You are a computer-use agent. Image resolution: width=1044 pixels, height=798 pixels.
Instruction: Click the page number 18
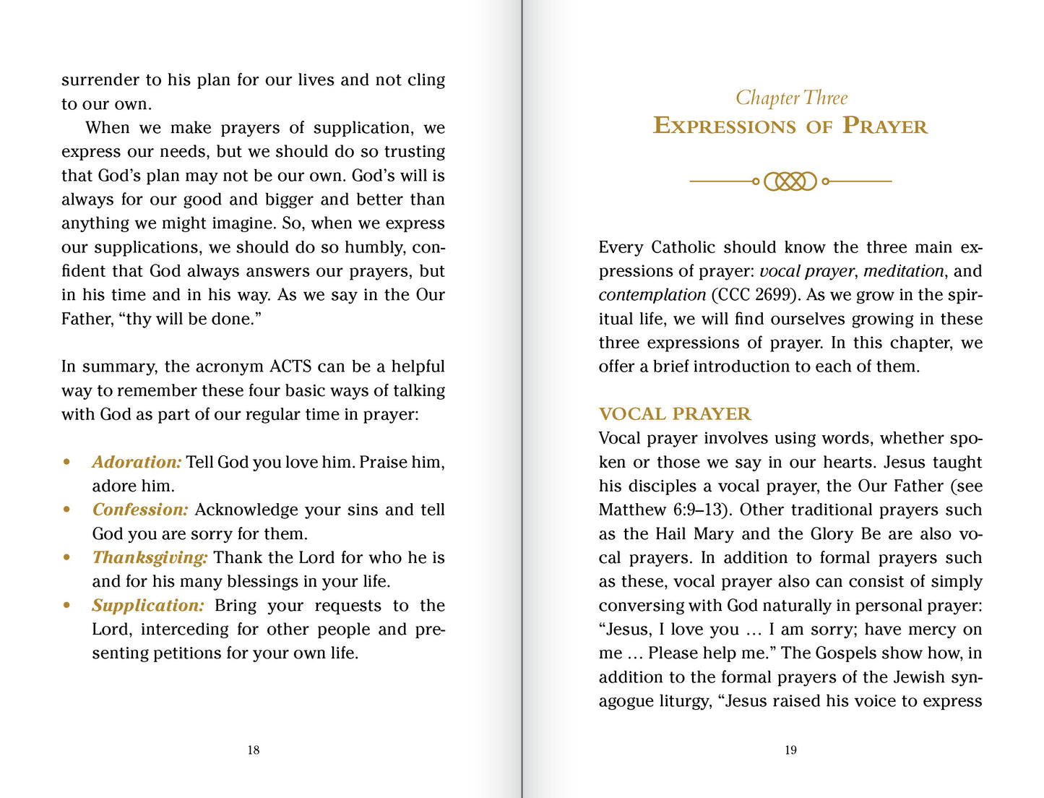click(254, 750)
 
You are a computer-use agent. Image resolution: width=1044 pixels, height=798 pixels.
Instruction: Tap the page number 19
click(790, 750)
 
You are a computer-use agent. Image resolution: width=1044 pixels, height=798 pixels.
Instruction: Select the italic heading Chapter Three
click(791, 98)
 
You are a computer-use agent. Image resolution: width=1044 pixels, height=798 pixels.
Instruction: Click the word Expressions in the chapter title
click(723, 126)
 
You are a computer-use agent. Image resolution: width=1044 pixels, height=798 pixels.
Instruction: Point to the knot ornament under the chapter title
click(790, 181)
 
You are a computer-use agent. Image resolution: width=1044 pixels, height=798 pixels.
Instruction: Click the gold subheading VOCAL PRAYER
click(675, 414)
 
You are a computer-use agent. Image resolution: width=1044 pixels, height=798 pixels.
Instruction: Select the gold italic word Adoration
click(137, 462)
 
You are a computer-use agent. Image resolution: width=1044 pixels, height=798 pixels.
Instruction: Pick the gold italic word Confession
click(140, 510)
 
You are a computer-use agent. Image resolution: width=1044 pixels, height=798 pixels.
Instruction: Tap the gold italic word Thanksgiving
click(150, 558)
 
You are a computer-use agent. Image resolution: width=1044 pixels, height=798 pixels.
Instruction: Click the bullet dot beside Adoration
click(67, 462)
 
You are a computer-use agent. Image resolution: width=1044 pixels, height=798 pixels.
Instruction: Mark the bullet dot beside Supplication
click(67, 606)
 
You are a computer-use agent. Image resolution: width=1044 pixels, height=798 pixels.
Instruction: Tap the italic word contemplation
click(652, 295)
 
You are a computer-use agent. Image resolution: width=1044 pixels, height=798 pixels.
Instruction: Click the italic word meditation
click(903, 271)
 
